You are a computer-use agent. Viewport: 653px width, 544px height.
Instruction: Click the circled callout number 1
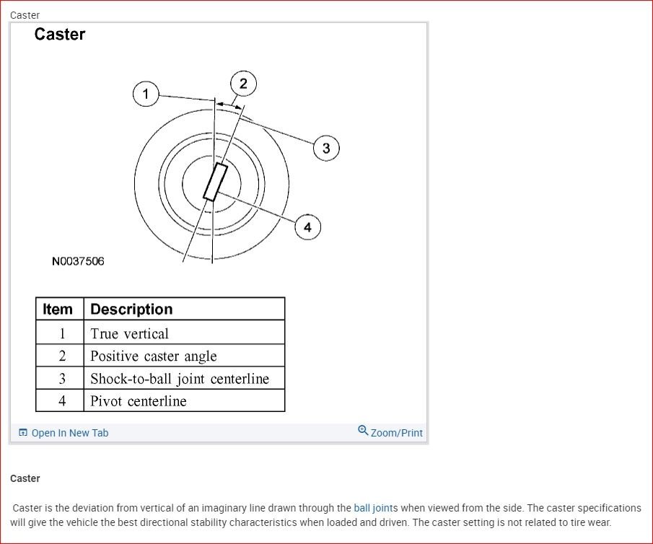pyautogui.click(x=146, y=94)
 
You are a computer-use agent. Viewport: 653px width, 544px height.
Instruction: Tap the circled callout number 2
pyautogui.click(x=243, y=84)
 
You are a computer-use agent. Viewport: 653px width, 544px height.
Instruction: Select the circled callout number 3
pyautogui.click(x=326, y=148)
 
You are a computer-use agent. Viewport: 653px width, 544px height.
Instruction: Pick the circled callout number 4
pyautogui.click(x=307, y=227)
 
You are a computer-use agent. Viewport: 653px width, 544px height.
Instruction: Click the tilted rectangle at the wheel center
pyautogui.click(x=215, y=182)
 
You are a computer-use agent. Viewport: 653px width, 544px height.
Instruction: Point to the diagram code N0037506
pyautogui.click(x=78, y=261)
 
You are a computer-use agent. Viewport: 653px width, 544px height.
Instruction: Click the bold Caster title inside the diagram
pyautogui.click(x=60, y=35)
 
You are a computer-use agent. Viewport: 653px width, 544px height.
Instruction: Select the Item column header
pyautogui.click(x=58, y=310)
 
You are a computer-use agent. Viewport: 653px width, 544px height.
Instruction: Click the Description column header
pyautogui.click(x=131, y=310)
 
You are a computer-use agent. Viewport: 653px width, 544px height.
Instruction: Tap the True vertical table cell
pyautogui.click(x=129, y=333)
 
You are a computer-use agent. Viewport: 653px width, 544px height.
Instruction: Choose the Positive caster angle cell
pyautogui.click(x=153, y=356)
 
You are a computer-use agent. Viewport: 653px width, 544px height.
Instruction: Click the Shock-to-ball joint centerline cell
pyautogui.click(x=179, y=379)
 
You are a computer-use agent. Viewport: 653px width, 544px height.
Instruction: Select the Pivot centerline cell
pyautogui.click(x=138, y=401)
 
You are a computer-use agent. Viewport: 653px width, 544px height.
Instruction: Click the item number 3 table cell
pyautogui.click(x=61, y=379)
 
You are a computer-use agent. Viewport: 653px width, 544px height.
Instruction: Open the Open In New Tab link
pyautogui.click(x=69, y=433)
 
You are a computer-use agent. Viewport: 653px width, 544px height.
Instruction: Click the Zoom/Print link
pyautogui.click(x=396, y=433)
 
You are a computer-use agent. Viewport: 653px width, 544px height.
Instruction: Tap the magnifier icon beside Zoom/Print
pyautogui.click(x=363, y=431)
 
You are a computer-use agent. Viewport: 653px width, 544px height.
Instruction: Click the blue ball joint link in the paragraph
pyautogui.click(x=373, y=508)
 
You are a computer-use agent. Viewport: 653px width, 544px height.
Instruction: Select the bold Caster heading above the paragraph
pyautogui.click(x=25, y=478)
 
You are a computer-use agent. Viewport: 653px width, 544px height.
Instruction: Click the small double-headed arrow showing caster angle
pyautogui.click(x=229, y=105)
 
